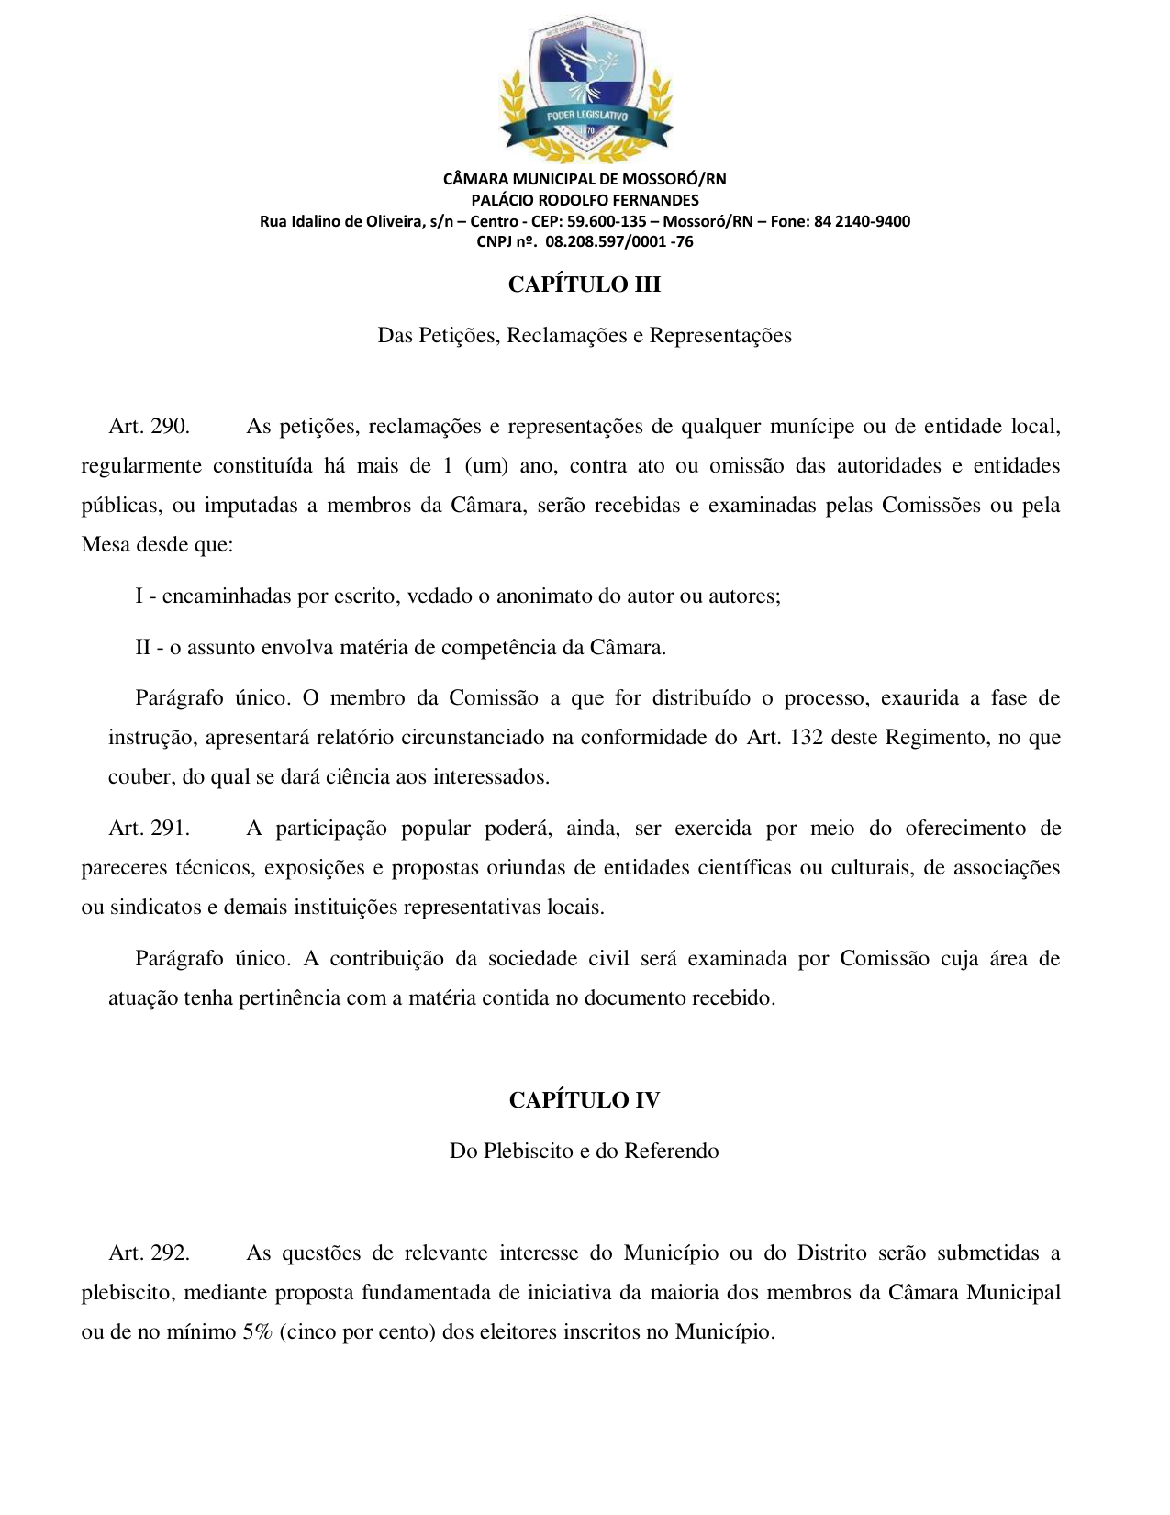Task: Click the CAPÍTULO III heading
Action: [585, 284]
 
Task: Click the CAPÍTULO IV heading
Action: [585, 1100]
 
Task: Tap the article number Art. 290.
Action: [149, 427]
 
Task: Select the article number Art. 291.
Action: [149, 829]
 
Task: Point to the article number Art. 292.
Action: [149, 1253]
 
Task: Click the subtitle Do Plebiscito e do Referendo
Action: [585, 1152]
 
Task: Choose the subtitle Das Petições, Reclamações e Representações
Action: [585, 336]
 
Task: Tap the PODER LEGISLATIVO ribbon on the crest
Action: [586, 117]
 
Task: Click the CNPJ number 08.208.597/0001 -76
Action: [618, 242]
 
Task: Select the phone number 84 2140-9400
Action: [862, 221]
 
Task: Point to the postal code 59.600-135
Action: [607, 221]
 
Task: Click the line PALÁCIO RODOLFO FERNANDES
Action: [585, 200]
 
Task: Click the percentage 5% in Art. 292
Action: [257, 1332]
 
